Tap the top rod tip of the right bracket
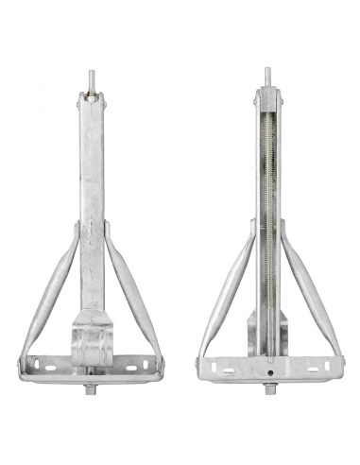click(266, 77)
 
